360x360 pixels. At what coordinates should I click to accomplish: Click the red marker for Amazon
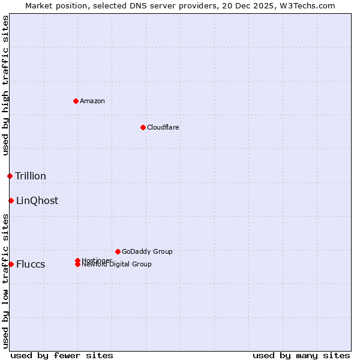coord(76,101)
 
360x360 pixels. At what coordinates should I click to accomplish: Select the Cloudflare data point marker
coord(143,127)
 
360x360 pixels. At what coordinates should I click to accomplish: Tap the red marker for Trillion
coord(10,176)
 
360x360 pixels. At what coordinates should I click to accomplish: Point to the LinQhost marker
coord(11,200)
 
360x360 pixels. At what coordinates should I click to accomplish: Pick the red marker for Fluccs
coord(11,264)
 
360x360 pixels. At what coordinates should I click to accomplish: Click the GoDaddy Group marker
coord(118,251)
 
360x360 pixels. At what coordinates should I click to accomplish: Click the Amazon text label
coord(92,101)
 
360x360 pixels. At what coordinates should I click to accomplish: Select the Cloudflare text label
coord(163,127)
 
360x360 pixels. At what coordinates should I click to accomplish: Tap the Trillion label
coord(31,176)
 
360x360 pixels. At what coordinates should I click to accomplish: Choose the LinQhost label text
coord(37,200)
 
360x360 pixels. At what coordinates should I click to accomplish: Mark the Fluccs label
coord(31,264)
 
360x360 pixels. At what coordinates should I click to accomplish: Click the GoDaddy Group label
coord(147,251)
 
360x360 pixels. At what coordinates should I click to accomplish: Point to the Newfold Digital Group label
coord(117,265)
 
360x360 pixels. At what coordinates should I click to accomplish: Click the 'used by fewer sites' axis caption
coord(62,355)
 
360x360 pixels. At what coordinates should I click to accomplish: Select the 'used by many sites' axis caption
coord(301,355)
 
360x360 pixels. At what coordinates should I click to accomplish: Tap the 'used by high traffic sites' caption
coord(6,85)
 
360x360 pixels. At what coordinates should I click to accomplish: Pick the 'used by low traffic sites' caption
coord(6,281)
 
